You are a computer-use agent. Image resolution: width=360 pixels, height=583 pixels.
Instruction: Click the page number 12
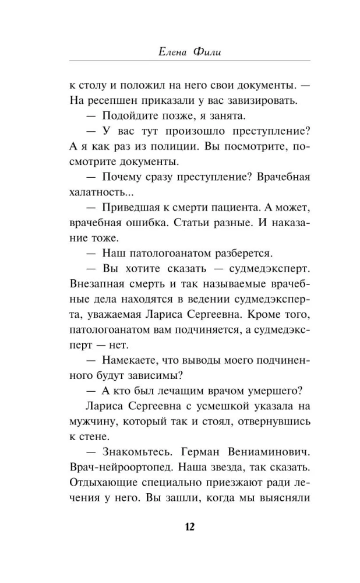(x=180, y=526)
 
